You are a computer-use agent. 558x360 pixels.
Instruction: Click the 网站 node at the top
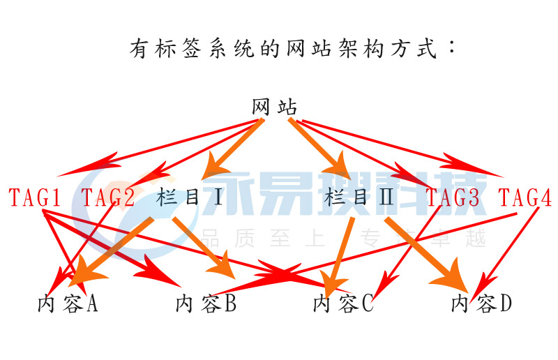coord(274,107)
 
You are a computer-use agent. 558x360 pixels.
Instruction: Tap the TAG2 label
coord(108,198)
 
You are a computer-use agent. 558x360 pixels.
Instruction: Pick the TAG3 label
coord(453,198)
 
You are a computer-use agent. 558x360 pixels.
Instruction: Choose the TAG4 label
coord(525,198)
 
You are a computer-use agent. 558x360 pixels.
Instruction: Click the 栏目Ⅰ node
coord(190,198)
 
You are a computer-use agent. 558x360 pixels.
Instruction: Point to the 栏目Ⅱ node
coord(359,198)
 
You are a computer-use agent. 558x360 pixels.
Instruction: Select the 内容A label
coord(67,304)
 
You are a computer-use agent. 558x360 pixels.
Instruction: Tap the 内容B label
coord(206,304)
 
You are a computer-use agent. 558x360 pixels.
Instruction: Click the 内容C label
coord(343,304)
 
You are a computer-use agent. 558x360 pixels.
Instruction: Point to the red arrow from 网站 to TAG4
coord(405,147)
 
